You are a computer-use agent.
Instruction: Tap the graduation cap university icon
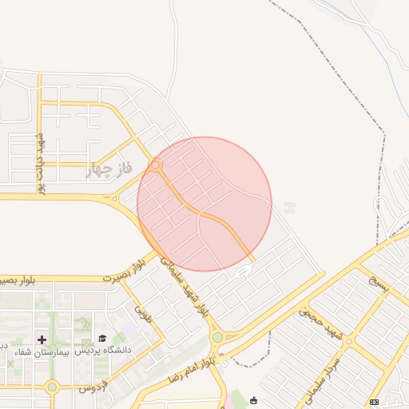[x=101, y=339]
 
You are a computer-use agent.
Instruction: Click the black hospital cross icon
[x=42, y=339]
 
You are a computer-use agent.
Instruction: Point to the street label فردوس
[x=93, y=387]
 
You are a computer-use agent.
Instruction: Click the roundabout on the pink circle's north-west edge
[x=156, y=166]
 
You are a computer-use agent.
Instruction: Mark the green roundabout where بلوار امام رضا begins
[x=217, y=338]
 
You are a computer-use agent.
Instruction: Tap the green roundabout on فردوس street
[x=52, y=387]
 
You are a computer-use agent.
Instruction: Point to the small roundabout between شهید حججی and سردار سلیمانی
[x=348, y=341]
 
